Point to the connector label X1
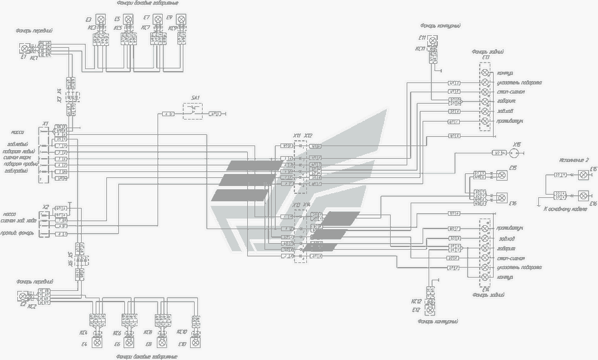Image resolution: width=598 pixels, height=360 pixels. (45, 123)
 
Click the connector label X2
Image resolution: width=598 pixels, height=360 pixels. (45, 207)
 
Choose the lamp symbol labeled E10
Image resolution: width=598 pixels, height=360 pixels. (195, 343)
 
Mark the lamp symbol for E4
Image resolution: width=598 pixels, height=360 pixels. (98, 343)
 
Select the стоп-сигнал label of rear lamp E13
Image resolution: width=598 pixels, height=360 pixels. (511, 92)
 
